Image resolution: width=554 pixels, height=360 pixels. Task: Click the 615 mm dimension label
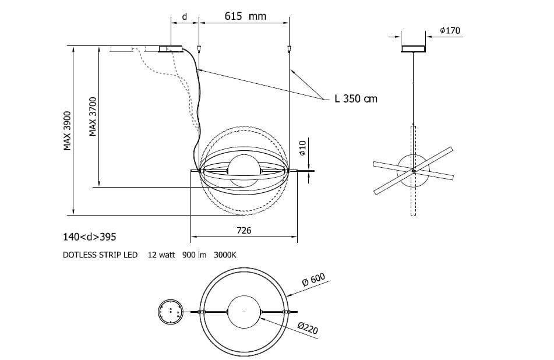coord(245,16)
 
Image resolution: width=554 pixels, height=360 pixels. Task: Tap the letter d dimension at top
coord(184,16)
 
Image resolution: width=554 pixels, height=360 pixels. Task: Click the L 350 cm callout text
coord(356,98)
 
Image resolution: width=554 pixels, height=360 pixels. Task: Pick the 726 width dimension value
coord(244,231)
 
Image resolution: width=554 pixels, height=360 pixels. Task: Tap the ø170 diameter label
coord(451,30)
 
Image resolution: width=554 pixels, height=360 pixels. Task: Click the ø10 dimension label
coord(302,150)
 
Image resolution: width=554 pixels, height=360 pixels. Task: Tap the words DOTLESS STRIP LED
coord(100,255)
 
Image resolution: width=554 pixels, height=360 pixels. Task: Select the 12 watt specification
coord(161,255)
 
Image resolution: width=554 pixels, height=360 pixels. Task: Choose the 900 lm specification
coord(195,255)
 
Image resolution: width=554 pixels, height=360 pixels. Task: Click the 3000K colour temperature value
coord(225,255)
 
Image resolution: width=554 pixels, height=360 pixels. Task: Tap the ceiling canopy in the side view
coord(413,48)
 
